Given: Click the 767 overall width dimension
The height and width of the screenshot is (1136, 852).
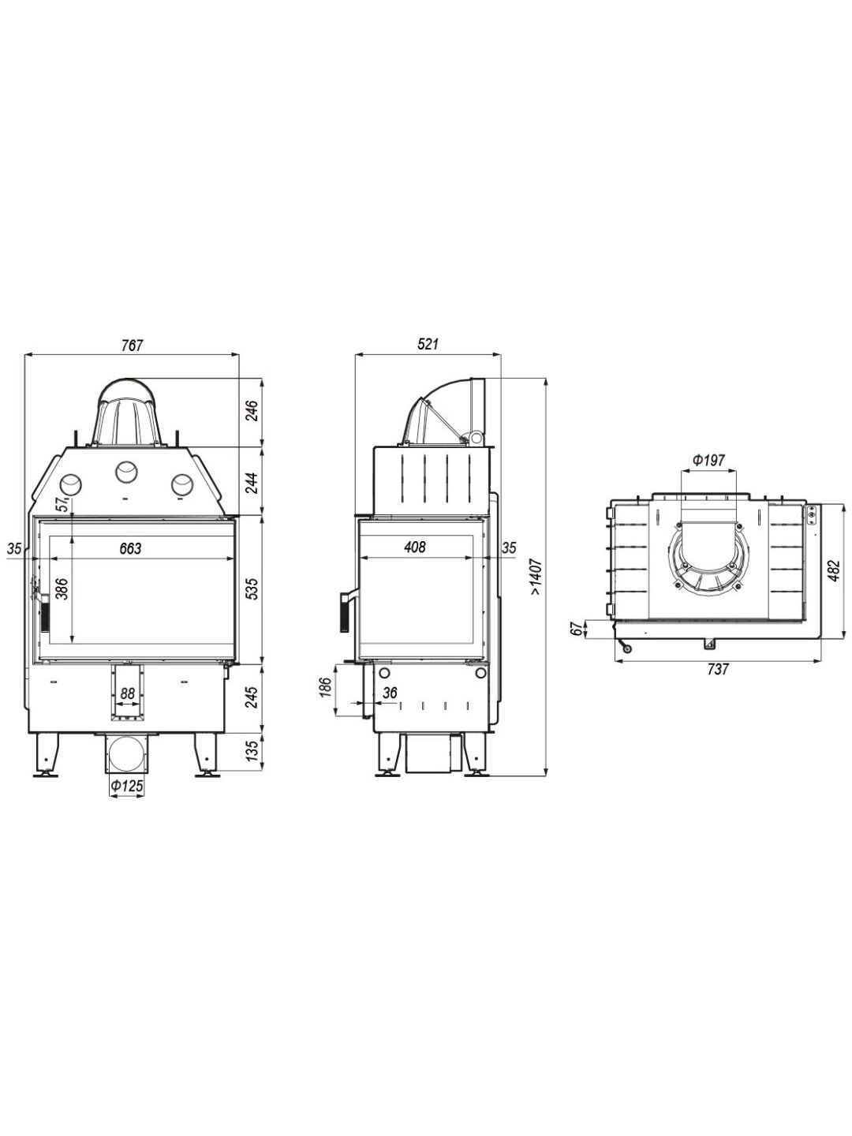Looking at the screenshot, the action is [x=132, y=346].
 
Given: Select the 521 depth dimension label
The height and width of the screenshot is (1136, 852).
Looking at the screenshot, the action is [x=428, y=344].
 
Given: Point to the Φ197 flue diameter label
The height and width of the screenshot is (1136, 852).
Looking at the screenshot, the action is [x=709, y=460].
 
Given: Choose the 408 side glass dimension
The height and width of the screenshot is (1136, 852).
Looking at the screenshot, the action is [x=415, y=547].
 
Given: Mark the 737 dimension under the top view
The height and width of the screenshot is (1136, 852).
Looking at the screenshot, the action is [x=718, y=669].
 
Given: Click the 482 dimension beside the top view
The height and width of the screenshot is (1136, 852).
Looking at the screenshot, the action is [x=833, y=570].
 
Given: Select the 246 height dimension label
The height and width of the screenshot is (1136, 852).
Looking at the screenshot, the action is [x=252, y=411].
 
